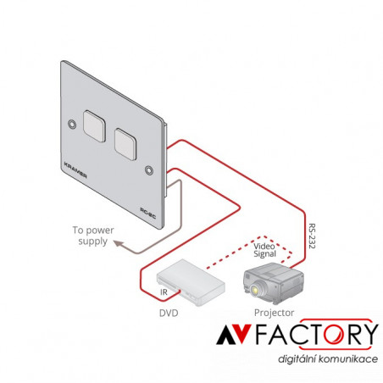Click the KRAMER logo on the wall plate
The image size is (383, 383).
click(x=75, y=170)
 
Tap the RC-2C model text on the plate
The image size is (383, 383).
click(x=148, y=214)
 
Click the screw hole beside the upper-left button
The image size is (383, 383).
click(x=72, y=124)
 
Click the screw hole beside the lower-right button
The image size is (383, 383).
click(x=149, y=170)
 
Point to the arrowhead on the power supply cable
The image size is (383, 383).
click(x=118, y=243)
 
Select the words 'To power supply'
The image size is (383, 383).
click(x=93, y=236)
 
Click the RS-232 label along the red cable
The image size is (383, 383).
click(x=312, y=236)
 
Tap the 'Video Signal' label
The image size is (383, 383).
click(x=264, y=250)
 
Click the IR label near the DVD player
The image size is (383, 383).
click(x=164, y=292)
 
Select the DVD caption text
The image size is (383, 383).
click(x=169, y=313)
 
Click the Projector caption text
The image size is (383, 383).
click(x=274, y=313)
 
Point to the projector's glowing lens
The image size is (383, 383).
click(x=255, y=290)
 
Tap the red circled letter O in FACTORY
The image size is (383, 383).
click(x=334, y=334)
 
